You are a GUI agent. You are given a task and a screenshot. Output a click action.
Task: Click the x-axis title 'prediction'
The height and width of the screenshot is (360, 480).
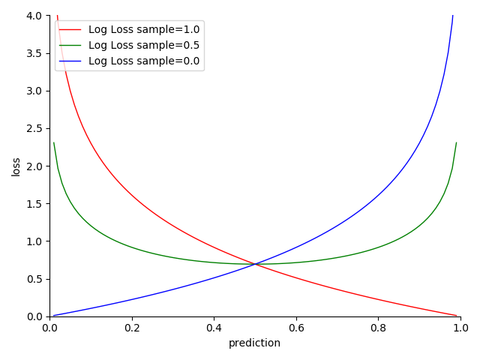[x=254, y=343]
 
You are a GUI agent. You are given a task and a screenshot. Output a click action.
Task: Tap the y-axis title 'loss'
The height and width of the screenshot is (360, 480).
[x=16, y=166]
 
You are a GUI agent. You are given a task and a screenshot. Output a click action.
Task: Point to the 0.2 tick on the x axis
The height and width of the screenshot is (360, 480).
[x=132, y=328]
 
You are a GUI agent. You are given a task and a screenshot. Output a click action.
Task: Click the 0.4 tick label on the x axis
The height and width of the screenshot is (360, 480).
[x=214, y=328]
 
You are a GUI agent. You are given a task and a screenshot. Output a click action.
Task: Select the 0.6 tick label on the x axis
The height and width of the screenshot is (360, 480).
[x=296, y=328]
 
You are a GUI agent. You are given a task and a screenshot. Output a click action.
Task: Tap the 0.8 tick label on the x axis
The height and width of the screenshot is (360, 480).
[x=378, y=328]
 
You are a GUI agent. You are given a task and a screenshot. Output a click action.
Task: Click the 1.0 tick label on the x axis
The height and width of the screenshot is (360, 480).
[x=460, y=328]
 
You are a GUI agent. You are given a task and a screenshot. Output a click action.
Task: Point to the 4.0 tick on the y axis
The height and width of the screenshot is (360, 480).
[x=35, y=16]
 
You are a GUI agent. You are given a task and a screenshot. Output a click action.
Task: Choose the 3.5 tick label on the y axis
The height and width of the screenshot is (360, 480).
[x=35, y=53]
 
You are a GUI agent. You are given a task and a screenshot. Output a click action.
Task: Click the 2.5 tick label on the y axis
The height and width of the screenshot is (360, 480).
[x=35, y=128]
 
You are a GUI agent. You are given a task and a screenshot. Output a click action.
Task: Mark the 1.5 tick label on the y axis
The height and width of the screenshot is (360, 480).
[x=35, y=203]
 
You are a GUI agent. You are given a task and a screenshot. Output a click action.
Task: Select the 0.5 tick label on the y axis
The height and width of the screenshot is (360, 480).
[x=35, y=279]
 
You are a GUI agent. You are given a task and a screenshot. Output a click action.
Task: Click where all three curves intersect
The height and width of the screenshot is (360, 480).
[x=255, y=264]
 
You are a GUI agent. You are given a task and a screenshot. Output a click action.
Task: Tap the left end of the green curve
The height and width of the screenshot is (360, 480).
[x=54, y=142]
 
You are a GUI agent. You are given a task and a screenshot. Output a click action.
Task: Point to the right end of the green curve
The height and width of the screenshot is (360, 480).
[x=456, y=142]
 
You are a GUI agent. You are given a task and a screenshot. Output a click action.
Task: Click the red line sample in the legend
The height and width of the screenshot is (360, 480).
[x=70, y=30]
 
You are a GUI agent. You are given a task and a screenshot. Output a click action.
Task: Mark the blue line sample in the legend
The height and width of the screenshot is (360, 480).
[x=70, y=61]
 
